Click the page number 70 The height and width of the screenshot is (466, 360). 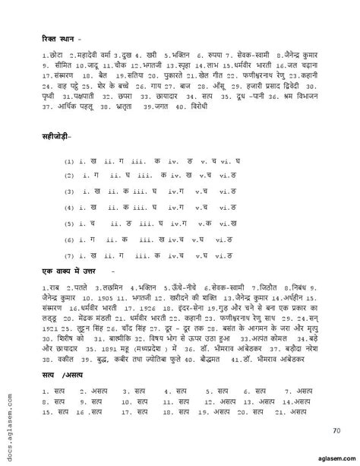(x=336, y=432)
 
